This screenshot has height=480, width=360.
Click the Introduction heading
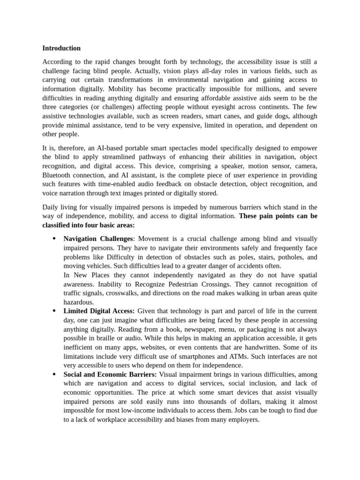(x=61, y=48)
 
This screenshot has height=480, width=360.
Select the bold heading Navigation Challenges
(x=98, y=239)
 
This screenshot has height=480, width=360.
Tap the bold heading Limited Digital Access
(x=99, y=311)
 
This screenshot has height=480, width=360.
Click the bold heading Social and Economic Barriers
(x=110, y=375)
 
